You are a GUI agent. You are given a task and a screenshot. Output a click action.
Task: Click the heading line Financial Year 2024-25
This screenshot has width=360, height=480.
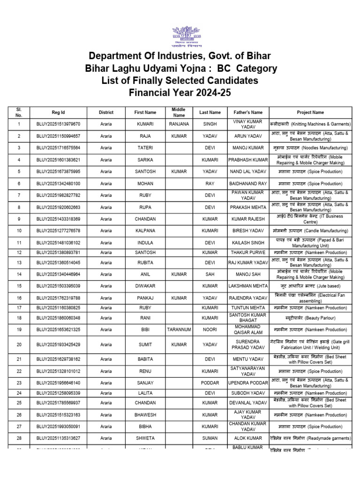tap(180, 92)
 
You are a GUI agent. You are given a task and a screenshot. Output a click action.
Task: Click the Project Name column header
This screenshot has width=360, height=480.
tap(310, 112)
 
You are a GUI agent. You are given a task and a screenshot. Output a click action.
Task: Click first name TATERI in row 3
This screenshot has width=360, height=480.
tap(145, 148)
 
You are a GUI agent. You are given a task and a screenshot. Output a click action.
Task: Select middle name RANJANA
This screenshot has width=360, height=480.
tap(179, 124)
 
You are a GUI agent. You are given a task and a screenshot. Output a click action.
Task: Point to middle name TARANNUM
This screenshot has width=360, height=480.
tap(179, 330)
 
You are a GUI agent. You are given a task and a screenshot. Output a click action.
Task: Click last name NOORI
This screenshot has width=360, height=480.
tap(210, 330)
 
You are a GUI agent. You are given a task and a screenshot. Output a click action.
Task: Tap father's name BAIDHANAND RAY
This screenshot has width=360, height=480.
tap(248, 183)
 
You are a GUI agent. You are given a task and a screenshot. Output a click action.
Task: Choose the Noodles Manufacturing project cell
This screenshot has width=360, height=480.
tap(310, 148)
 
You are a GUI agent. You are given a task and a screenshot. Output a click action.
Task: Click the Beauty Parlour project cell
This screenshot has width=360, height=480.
tap(310, 318)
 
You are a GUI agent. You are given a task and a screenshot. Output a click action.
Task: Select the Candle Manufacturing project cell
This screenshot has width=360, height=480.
tap(310, 231)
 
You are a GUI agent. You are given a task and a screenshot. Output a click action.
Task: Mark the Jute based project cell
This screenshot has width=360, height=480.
tap(310, 286)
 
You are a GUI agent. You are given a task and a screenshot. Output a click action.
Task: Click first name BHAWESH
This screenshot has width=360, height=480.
tap(145, 415)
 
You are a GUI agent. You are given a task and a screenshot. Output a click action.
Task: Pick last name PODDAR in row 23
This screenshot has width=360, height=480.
tap(210, 382)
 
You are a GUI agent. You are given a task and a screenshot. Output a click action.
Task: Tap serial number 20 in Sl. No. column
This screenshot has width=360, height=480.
tap(19, 345)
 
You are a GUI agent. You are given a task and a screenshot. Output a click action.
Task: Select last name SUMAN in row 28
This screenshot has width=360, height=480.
tap(210, 438)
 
